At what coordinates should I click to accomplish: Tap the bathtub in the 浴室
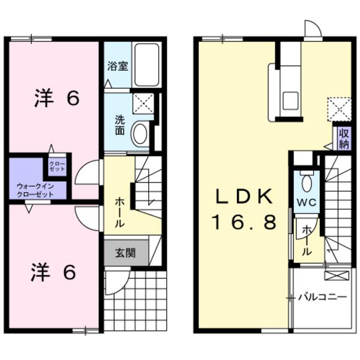click(146, 64)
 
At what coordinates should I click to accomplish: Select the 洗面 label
click(120, 124)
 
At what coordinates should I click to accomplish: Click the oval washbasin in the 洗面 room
click(140, 134)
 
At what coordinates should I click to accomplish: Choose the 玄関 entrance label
click(125, 253)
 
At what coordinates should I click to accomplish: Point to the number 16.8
click(244, 223)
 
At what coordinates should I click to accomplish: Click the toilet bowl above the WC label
click(307, 181)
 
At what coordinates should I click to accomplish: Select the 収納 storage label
click(343, 139)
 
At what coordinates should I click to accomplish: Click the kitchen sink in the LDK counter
click(290, 101)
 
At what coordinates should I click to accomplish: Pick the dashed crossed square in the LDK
click(337, 109)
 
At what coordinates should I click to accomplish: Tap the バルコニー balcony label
click(325, 296)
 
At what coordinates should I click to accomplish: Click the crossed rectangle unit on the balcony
click(337, 275)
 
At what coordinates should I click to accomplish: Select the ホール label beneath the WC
click(307, 240)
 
